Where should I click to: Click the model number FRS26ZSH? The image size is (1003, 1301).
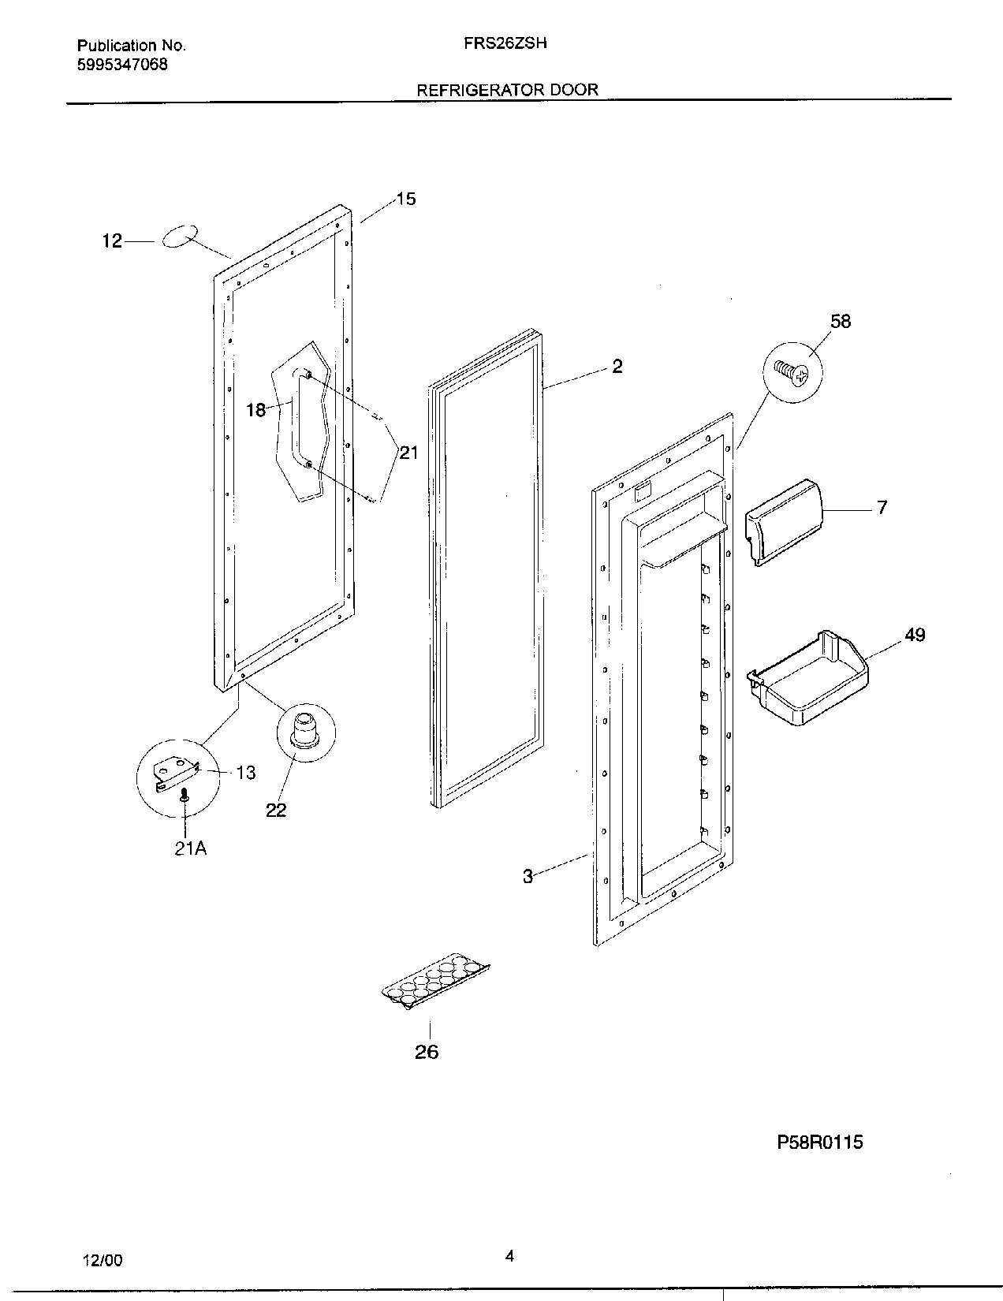pyautogui.click(x=505, y=44)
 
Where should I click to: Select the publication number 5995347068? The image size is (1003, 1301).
pyautogui.click(x=122, y=65)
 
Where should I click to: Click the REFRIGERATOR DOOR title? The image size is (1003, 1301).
pyautogui.click(x=507, y=90)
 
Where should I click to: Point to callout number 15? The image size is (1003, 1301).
pyautogui.click(x=405, y=199)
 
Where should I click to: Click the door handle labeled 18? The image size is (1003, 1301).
pyautogui.click(x=298, y=419)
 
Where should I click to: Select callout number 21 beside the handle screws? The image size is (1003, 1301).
pyautogui.click(x=408, y=453)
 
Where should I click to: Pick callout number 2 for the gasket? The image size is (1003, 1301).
pyautogui.click(x=617, y=366)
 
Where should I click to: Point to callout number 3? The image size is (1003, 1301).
pyautogui.click(x=528, y=876)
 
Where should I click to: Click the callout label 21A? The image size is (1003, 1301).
pyautogui.click(x=190, y=849)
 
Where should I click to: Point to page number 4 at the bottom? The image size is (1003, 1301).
pyautogui.click(x=509, y=1257)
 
